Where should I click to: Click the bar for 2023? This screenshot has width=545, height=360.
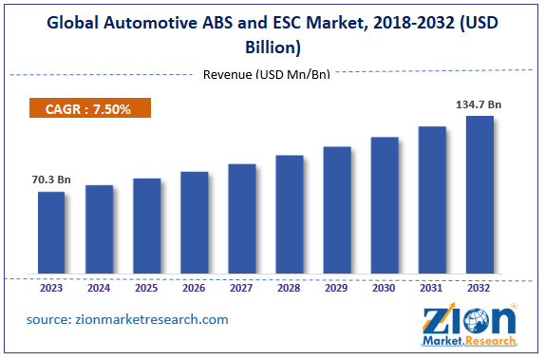[51, 234]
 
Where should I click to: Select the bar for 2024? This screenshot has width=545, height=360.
[99, 230]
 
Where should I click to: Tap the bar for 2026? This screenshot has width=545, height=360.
[194, 223]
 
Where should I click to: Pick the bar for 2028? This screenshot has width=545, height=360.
[289, 215]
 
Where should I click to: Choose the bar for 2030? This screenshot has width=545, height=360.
[384, 206]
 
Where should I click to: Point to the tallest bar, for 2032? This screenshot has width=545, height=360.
[479, 196]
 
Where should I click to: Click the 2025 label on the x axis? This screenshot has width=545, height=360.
[146, 286]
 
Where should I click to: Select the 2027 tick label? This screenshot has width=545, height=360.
[241, 286]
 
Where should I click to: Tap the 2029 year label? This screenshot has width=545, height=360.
[336, 286]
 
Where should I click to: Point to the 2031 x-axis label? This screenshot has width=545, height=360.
[431, 286]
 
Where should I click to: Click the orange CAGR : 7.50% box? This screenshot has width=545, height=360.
[90, 109]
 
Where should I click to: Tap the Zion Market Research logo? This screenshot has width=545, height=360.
[470, 323]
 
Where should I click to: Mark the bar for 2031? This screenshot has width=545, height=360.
[431, 200]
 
